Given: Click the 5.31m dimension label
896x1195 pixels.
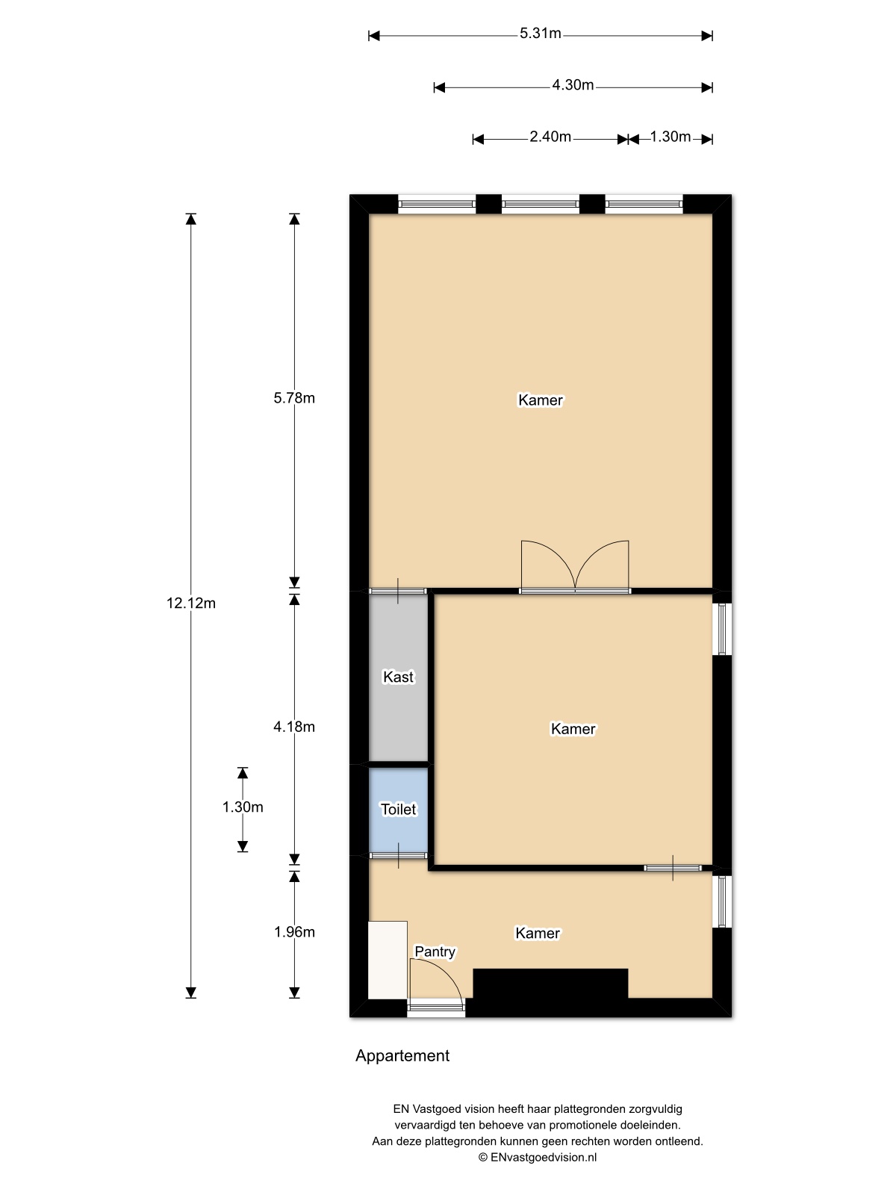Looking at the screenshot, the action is (540, 34).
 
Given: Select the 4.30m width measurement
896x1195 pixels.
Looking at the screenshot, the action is (572, 85).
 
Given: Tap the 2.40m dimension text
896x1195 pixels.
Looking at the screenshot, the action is (550, 137).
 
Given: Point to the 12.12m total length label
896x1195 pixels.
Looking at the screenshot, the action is (191, 603).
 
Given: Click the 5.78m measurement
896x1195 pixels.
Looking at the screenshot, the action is (293, 398).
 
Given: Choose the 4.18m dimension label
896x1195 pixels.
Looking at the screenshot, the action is (293, 727).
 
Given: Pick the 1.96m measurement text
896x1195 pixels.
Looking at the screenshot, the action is (293, 932).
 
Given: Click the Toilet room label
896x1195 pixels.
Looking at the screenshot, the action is (398, 810).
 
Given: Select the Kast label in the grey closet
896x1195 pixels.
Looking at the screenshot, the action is (398, 677).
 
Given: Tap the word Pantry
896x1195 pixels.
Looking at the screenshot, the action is (435, 952).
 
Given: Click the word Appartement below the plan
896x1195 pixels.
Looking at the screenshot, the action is (402, 1055).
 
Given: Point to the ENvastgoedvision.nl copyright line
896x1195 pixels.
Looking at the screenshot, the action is (538, 1157).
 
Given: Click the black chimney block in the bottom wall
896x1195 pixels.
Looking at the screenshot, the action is (550, 983).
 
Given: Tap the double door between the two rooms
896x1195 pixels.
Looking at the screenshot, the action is (575, 566).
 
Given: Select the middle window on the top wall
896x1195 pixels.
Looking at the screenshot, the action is (540, 204).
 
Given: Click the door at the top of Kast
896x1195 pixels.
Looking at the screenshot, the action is (398, 592).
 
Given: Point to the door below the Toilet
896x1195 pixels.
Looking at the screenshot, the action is (398, 856).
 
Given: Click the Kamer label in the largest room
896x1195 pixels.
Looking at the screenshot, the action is (540, 400).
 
